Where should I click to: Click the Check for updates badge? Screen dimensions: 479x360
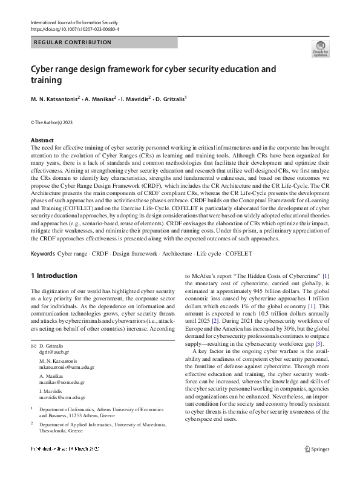(x=320, y=48)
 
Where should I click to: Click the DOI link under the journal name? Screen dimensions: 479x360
(x=74, y=28)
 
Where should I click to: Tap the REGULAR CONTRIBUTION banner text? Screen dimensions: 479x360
(x=73, y=42)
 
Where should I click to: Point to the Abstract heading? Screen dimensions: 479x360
(x=42, y=139)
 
